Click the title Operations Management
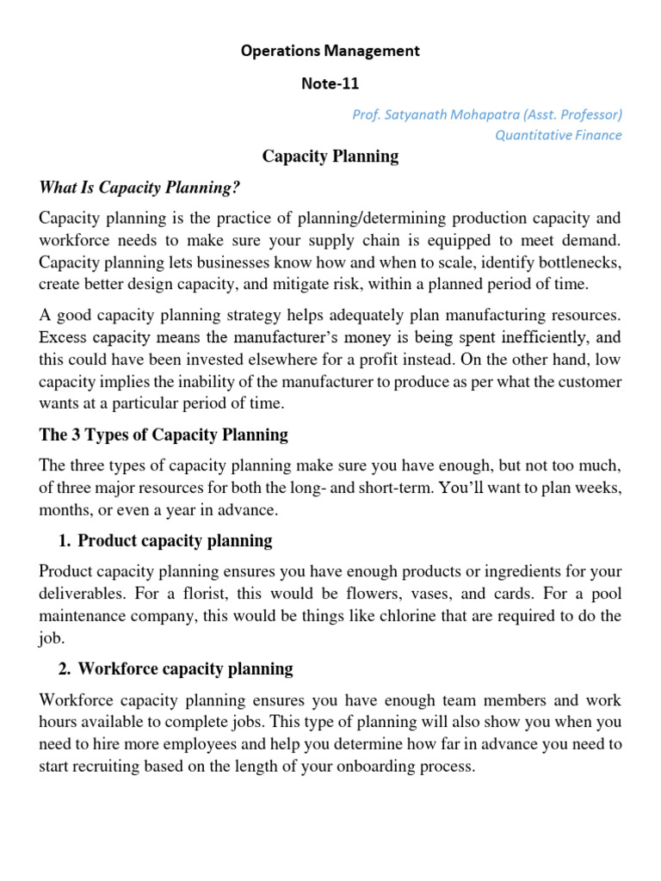(330, 51)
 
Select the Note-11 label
(330, 83)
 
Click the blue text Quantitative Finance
(558, 135)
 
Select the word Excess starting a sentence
(62, 336)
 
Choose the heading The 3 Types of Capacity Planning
(164, 435)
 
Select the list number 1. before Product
(64, 541)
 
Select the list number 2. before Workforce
(64, 668)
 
